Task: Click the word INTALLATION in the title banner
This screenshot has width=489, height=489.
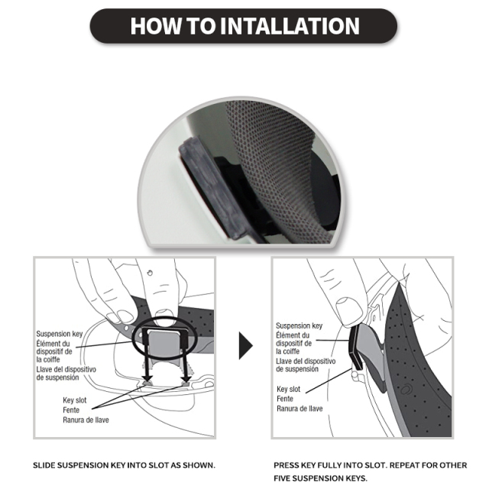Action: click(x=290, y=26)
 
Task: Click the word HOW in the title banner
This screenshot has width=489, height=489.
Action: click(x=156, y=26)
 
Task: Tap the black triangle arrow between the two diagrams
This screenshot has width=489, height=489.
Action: click(x=246, y=345)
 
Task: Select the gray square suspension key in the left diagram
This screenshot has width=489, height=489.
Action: click(x=163, y=343)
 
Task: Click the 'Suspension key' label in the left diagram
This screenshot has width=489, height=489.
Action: click(x=60, y=334)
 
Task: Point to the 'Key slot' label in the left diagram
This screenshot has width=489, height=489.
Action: click(x=75, y=400)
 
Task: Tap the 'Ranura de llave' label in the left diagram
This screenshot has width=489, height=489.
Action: click(x=86, y=419)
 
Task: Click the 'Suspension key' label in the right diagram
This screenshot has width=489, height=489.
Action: click(x=299, y=326)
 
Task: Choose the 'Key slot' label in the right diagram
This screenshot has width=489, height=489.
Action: click(x=289, y=389)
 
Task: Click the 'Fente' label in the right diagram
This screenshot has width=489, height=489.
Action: click(x=285, y=399)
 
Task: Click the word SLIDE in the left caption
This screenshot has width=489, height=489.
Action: click(x=44, y=465)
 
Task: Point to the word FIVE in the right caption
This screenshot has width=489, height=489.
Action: click(x=282, y=478)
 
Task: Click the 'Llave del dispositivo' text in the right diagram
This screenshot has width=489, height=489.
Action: click(x=306, y=361)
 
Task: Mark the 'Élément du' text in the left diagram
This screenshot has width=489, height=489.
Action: click(x=53, y=344)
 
